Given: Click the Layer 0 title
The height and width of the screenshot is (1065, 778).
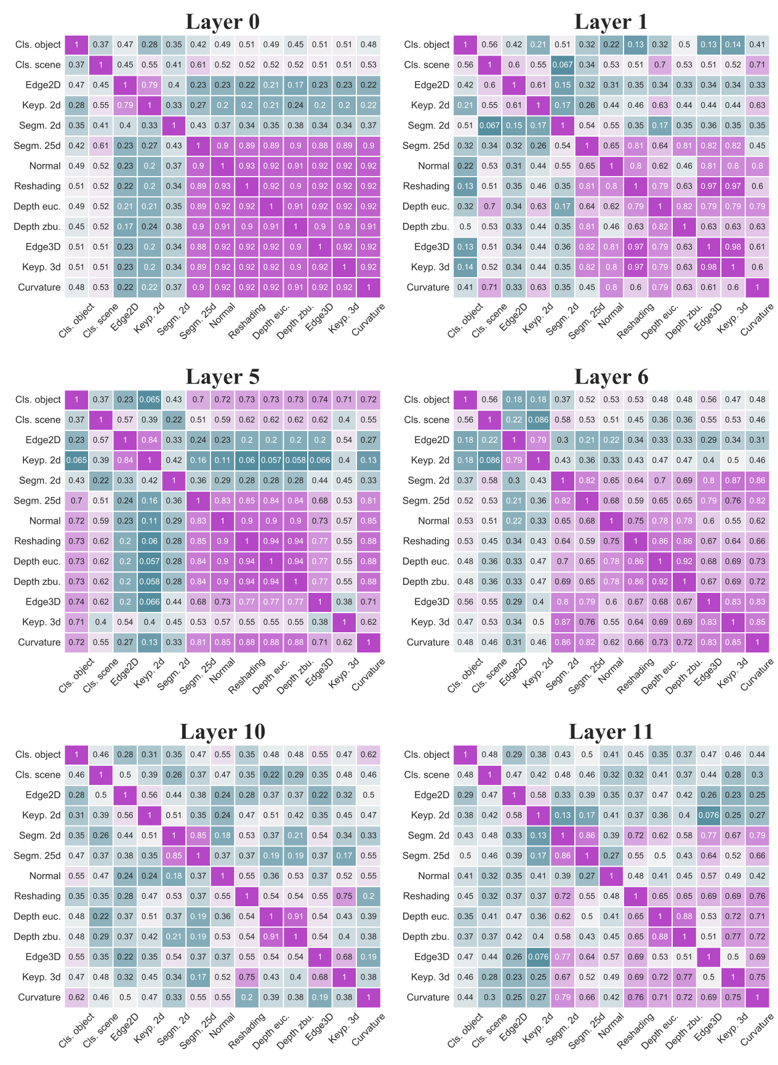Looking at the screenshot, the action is coord(222,22).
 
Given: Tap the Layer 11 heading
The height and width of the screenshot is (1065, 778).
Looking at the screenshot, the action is coord(611,731).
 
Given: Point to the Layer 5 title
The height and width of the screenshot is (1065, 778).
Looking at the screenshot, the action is coord(222,377).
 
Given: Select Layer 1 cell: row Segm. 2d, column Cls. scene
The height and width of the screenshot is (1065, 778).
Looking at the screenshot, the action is coord(489,126).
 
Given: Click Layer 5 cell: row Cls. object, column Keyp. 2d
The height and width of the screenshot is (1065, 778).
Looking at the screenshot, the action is coord(150,400).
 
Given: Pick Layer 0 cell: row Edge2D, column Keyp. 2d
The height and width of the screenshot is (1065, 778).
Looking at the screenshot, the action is coord(150,85).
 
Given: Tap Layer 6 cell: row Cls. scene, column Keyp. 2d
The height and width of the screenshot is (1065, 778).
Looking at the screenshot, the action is coord(538,420).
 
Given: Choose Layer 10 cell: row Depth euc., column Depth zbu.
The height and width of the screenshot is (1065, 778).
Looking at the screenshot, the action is coord(295,916).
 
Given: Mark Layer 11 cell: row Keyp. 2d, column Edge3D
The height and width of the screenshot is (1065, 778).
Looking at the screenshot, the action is coord(708,815).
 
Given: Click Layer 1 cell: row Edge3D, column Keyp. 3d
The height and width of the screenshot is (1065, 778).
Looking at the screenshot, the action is coord(733,247).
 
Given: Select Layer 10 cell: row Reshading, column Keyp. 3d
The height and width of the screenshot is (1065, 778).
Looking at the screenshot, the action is coord(344,896).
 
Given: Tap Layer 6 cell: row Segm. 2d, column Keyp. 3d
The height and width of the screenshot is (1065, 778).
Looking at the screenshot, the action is coord(733,480).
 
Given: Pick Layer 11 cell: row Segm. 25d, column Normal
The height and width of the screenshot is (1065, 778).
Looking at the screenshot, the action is coord(611,856).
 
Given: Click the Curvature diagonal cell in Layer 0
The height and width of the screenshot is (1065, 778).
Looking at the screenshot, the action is coord(369,287).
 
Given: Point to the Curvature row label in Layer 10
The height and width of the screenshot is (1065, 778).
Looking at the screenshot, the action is coord(39,997).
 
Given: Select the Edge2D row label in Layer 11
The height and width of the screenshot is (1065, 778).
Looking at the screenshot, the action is coord(432,795).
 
